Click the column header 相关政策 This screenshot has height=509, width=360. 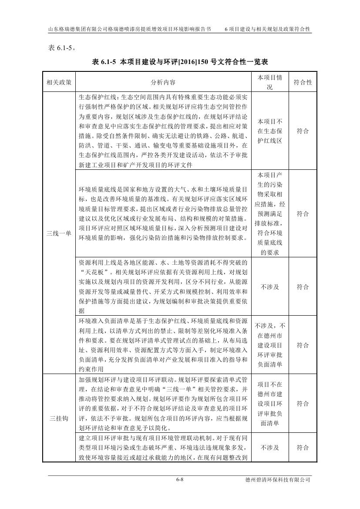click(x=59, y=82)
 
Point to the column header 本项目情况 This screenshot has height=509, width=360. click(x=270, y=82)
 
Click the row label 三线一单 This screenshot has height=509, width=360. click(x=59, y=233)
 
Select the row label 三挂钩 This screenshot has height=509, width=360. click(x=59, y=418)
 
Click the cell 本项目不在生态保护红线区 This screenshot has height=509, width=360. click(x=270, y=131)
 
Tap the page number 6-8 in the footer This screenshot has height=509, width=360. click(x=179, y=479)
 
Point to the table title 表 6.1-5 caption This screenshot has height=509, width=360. click(x=180, y=62)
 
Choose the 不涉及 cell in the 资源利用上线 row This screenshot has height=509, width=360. click(x=270, y=287)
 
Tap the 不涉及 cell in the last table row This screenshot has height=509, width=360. click(x=270, y=448)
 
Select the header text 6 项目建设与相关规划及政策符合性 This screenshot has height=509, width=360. click(x=267, y=29)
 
